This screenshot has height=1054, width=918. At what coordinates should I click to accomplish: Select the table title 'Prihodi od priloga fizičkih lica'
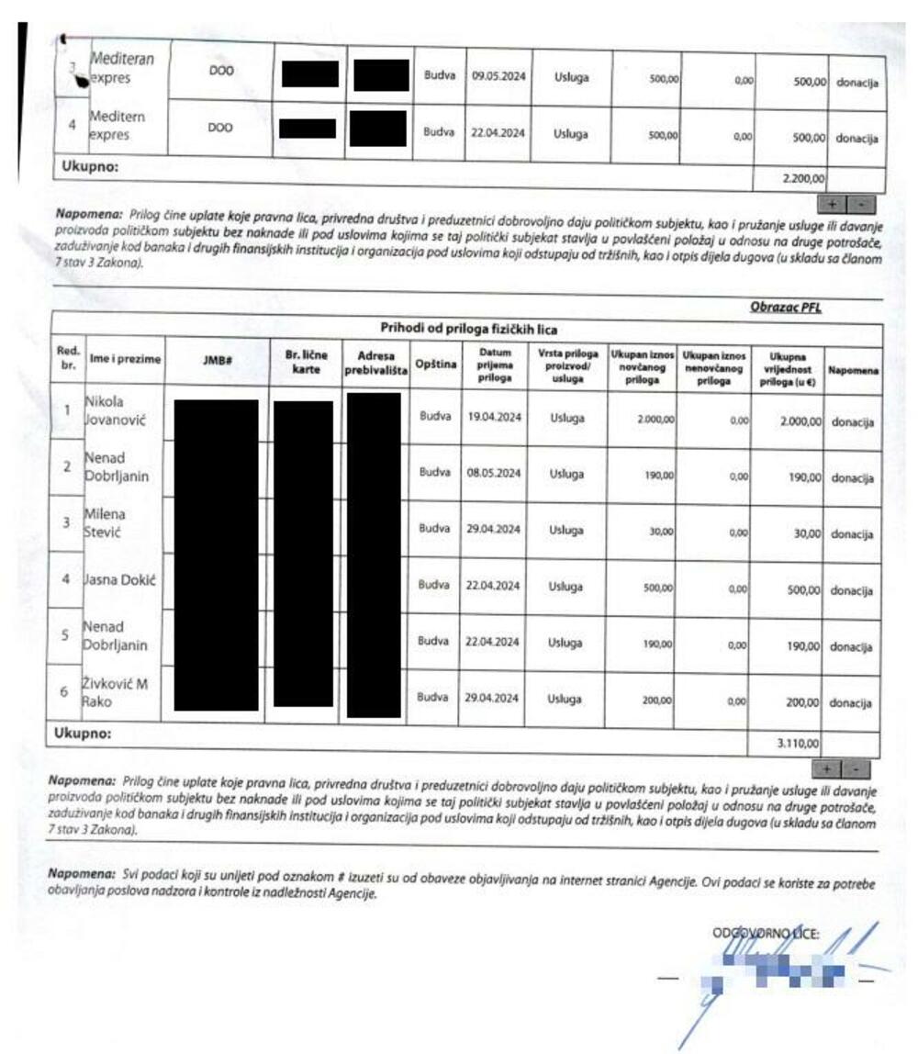[468, 329]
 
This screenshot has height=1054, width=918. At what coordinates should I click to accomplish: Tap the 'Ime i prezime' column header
[125, 362]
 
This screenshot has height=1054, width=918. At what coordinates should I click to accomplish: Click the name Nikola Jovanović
[115, 412]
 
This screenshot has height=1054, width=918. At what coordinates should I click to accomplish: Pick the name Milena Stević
[106, 523]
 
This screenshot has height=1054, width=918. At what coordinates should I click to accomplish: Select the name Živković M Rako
[116, 691]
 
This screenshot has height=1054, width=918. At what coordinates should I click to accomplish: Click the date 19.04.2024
[494, 417]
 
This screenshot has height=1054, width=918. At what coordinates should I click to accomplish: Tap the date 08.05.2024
[494, 474]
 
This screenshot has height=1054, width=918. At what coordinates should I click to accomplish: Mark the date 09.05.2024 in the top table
[498, 77]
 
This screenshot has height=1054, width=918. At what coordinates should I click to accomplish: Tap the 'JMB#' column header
[217, 362]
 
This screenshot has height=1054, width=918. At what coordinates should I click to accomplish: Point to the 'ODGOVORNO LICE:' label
[766, 934]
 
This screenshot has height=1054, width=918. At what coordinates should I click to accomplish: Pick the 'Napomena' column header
[854, 371]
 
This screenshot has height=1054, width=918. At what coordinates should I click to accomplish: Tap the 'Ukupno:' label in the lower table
[82, 734]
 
